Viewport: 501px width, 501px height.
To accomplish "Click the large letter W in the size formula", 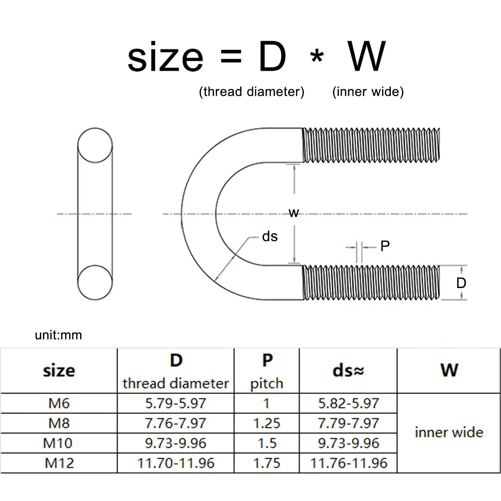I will (x=366, y=56).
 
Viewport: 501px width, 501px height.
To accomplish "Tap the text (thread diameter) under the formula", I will (x=251, y=92).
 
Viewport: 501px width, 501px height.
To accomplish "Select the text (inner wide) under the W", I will (x=368, y=92).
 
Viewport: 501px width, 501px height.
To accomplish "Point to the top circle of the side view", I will (x=95, y=145).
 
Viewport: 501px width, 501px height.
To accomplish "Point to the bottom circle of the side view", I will (x=95, y=282).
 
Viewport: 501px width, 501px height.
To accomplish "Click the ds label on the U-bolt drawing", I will (x=270, y=236).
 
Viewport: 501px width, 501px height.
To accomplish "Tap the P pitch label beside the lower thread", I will (x=385, y=246).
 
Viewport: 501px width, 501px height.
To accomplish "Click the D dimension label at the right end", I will (x=461, y=283).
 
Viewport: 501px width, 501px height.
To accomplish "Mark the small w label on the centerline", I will (x=294, y=213).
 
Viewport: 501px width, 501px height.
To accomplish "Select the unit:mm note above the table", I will (x=58, y=335).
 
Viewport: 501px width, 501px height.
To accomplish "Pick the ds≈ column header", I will (x=348, y=371).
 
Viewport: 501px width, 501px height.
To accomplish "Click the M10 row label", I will (x=58, y=443).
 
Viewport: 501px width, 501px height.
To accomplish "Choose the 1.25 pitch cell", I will (x=266, y=423).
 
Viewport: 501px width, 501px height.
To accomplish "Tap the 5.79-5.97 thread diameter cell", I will (x=175, y=403).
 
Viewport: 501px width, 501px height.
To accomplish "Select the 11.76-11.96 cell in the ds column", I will (x=349, y=463).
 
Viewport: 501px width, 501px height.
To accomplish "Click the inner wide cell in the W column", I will (x=449, y=433).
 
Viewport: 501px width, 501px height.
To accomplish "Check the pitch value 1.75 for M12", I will (x=266, y=463).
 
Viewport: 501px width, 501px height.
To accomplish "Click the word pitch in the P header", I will (x=266, y=384).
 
